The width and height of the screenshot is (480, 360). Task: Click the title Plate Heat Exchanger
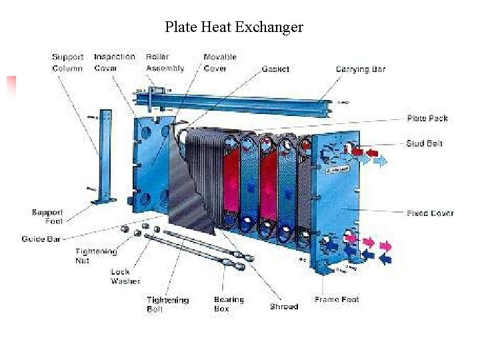click(x=234, y=27)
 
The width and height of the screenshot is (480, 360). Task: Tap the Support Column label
click(x=67, y=63)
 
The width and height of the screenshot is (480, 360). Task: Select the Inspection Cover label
click(x=114, y=63)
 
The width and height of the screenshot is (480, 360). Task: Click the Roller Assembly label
click(x=165, y=63)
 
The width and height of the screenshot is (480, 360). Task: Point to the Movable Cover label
click(x=220, y=63)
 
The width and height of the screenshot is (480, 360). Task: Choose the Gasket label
click(x=275, y=69)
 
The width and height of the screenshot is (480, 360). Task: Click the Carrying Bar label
click(x=360, y=69)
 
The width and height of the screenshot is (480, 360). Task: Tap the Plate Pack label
click(x=427, y=118)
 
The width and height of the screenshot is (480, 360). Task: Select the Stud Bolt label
click(x=424, y=143)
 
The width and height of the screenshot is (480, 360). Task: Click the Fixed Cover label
click(x=430, y=213)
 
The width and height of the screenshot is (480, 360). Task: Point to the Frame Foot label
click(x=336, y=300)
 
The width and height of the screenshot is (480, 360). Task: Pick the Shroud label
click(x=283, y=307)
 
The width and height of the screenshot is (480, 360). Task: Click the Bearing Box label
click(x=229, y=304)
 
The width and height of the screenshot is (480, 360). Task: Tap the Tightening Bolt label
click(x=167, y=305)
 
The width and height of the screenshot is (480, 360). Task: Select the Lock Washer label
click(x=125, y=276)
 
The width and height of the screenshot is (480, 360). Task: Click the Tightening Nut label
click(x=96, y=256)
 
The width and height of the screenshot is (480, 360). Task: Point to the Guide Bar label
click(x=41, y=239)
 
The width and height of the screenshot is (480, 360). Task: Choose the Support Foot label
click(x=47, y=217)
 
